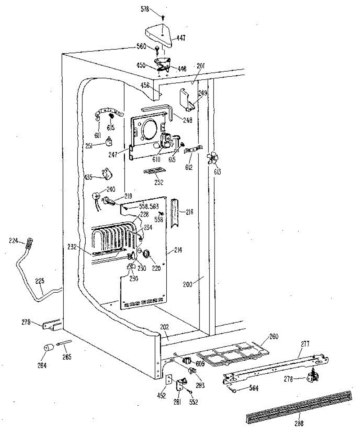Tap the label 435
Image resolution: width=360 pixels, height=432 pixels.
88,177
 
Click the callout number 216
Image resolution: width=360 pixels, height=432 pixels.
190,212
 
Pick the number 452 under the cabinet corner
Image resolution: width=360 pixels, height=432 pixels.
161,396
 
